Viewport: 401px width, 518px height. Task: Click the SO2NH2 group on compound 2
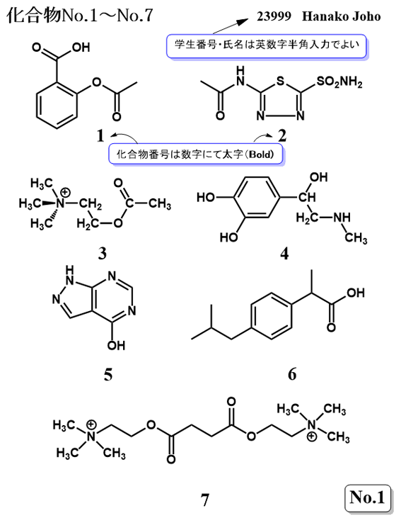coord(339,82)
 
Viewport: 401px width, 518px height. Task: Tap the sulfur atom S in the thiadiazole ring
coord(280,81)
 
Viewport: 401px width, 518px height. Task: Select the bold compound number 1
coord(100,136)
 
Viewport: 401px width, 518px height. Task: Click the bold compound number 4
coord(284,254)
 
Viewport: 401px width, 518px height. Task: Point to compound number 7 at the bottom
coord(205,500)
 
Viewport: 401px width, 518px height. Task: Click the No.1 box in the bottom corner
coord(367,497)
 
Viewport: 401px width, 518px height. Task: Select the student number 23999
coord(274,16)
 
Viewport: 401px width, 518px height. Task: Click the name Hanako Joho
coord(342,16)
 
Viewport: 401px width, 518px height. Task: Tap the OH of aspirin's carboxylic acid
coord(81,47)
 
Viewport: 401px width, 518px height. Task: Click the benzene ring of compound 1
coord(57,105)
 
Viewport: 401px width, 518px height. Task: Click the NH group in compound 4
coord(342,217)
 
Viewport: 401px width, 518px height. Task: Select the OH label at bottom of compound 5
coord(116,346)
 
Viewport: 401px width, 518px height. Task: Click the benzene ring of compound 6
coord(272,315)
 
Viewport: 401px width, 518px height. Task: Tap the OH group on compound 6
coord(356,293)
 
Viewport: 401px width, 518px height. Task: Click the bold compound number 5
coord(108,375)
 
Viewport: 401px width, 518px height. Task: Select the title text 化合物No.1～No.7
coord(80,15)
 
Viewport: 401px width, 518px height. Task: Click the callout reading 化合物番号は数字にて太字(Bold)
coord(196,154)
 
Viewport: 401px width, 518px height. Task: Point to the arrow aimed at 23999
coord(231,26)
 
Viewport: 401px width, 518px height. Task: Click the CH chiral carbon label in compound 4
coord(307,198)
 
